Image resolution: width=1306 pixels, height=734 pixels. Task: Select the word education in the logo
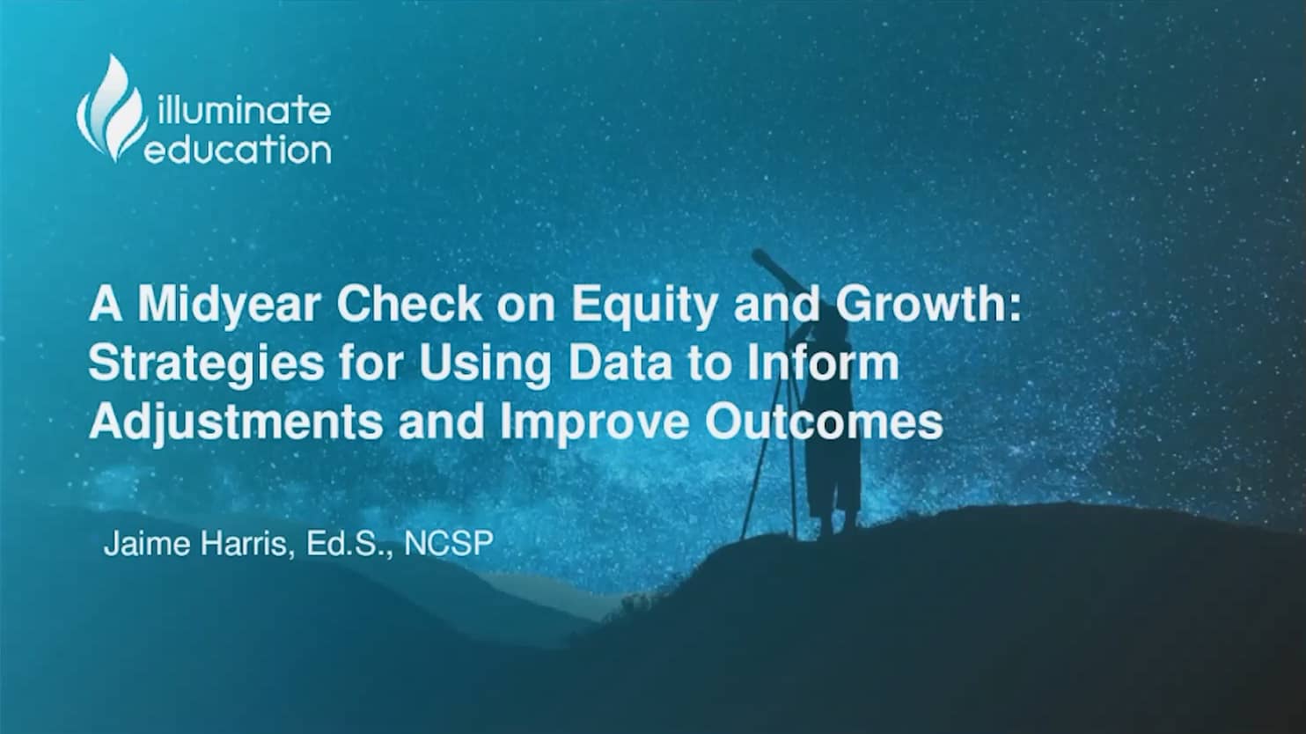click(x=238, y=150)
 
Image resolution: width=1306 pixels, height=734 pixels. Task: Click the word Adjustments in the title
click(x=236, y=423)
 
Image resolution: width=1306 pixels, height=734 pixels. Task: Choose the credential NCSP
click(x=448, y=544)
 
